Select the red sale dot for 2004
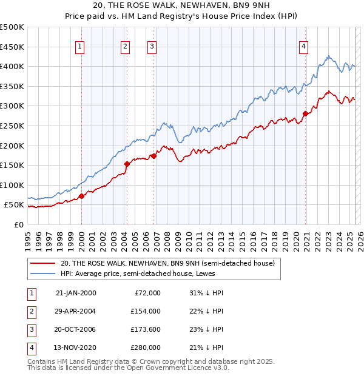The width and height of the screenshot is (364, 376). coord(127,164)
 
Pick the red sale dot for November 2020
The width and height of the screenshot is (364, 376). coord(305,113)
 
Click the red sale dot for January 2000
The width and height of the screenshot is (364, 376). coord(81,196)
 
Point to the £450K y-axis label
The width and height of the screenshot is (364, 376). coord(12,47)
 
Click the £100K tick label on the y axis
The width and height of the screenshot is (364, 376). coord(12,185)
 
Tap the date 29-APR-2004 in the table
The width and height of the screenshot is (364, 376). coord(76,311)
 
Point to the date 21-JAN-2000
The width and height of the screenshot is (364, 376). coord(76,292)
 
